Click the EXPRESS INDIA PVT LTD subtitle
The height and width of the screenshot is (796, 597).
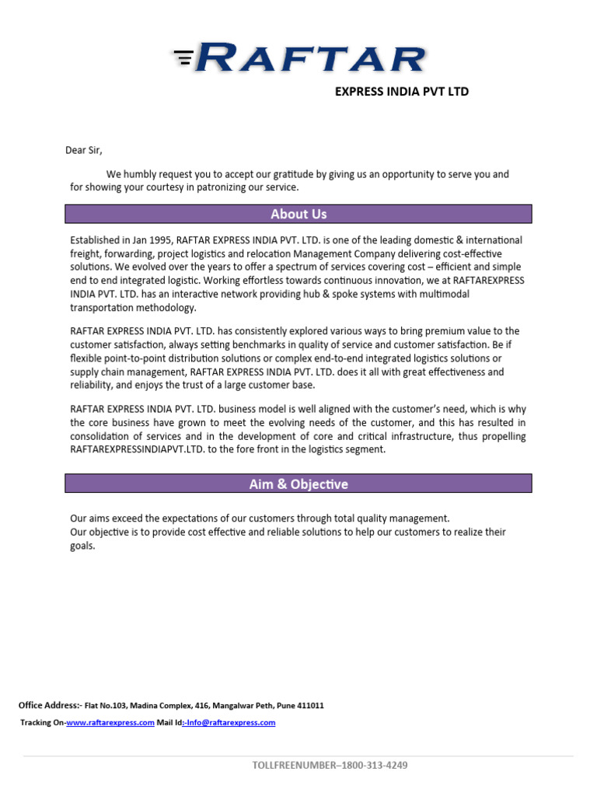click(401, 92)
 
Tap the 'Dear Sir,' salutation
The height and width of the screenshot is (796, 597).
click(83, 150)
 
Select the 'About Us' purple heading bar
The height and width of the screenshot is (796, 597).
click(298, 214)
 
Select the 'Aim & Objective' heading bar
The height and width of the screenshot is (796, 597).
click(298, 484)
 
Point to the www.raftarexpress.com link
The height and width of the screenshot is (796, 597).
click(110, 723)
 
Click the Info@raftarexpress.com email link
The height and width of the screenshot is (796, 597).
click(229, 723)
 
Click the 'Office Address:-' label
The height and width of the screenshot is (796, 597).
click(49, 706)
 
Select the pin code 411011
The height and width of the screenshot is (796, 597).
click(309, 706)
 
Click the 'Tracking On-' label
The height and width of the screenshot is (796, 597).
click(43, 723)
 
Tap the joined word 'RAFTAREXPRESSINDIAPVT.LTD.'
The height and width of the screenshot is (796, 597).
click(138, 449)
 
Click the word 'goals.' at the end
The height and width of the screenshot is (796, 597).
click(82, 546)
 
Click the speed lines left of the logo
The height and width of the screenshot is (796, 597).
click(183, 57)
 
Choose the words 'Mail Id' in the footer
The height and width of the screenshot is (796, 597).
click(169, 723)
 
